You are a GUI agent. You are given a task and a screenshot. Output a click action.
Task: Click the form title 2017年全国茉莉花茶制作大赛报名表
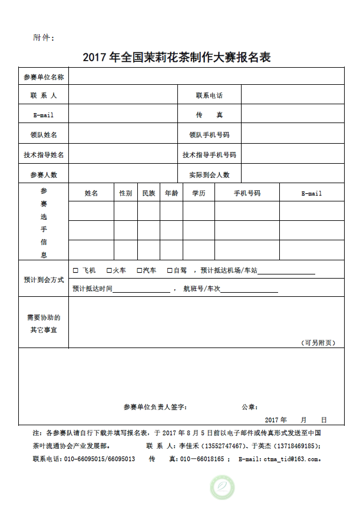[176, 58]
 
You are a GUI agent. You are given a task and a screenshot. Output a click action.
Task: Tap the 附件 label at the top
[44, 38]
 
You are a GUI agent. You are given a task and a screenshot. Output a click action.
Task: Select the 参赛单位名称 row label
[44, 77]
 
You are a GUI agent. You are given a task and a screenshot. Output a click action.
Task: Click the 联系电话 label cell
[209, 95]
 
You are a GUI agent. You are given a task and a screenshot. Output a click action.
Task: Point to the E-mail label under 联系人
[44, 115]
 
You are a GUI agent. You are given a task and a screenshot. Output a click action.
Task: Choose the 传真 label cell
[209, 115]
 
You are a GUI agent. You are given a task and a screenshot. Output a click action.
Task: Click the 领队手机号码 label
[209, 135]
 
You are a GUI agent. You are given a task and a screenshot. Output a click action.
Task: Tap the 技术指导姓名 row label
[44, 155]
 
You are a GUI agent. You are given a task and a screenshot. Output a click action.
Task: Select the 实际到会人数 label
[209, 175]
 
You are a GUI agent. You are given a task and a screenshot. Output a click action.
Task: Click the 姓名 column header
[91, 193]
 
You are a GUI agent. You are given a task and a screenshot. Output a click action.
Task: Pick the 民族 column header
[148, 193]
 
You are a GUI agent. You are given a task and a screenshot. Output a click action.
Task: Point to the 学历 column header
[199, 193]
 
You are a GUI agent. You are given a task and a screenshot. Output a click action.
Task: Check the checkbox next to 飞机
[75, 270]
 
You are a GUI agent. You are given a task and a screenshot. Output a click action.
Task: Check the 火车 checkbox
[109, 270]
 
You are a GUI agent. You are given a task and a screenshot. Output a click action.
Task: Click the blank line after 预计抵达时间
[141, 290]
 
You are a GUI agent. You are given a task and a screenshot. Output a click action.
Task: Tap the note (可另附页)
[318, 342]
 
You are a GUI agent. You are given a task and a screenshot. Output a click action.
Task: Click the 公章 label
[249, 407]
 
